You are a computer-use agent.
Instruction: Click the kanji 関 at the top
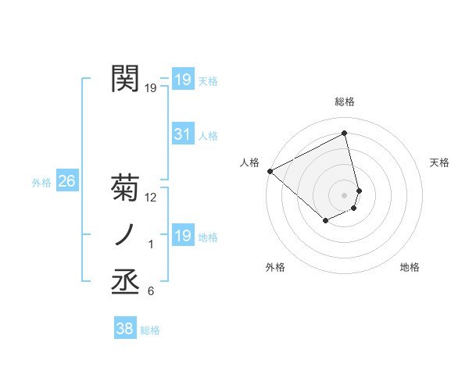point(126,79)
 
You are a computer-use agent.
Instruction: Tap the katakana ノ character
point(126,235)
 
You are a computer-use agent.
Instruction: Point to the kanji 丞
point(126,282)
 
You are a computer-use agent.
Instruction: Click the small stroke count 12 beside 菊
point(151,198)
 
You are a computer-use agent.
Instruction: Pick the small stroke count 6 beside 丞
point(151,291)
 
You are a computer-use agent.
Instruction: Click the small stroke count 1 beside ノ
point(151,244)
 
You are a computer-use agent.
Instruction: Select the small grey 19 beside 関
point(151,88)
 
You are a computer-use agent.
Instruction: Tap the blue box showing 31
point(182,134)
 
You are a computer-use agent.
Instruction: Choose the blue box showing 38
point(124,330)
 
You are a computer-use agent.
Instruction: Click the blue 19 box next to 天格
point(182,80)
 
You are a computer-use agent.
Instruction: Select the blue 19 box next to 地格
point(182,236)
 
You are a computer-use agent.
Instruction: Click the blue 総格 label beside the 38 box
point(150,330)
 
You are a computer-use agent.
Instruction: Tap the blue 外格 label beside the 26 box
point(41,183)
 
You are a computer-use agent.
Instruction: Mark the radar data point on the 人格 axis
point(270,171)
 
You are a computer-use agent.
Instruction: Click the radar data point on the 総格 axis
point(345,133)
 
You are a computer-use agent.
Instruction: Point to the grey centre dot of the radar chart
point(345,194)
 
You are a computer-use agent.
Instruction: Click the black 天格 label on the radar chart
point(440,162)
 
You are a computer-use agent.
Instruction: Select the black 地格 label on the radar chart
point(410,267)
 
